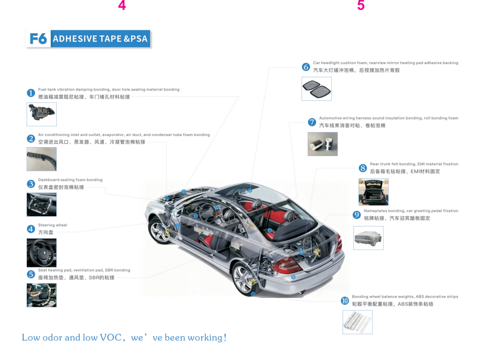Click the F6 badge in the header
38,39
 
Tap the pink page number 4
122,6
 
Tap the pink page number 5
361,6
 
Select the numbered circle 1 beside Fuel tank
31,93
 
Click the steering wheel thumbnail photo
41,252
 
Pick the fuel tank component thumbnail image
41,114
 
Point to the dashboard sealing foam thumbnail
41,204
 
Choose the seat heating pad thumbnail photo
41,295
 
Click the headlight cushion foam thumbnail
316,89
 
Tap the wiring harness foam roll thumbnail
322,144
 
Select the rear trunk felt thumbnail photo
373,191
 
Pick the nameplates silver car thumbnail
368,238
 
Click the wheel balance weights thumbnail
357,322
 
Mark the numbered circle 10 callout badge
345,300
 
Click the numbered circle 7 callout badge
312,122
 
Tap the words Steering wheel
53,225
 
